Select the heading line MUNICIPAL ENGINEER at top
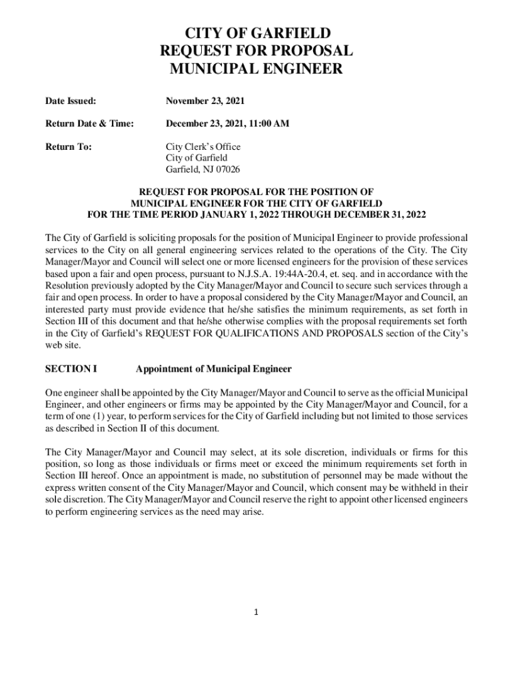point(256,69)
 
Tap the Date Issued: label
point(71,101)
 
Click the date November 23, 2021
point(205,101)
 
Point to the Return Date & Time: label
point(90,124)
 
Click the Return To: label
point(69,147)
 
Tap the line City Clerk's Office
point(203,147)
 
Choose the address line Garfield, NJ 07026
point(203,169)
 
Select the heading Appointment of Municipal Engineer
point(213,368)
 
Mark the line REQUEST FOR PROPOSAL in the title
point(256,51)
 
